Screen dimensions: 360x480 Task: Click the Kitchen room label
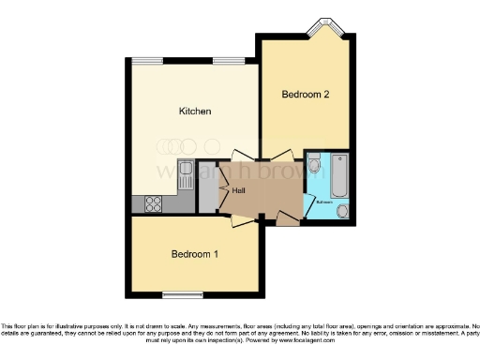tap(195, 112)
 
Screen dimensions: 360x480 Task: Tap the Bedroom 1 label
tap(195, 255)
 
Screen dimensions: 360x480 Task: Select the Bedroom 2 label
tap(305, 95)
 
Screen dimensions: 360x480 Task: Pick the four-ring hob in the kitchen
tap(152, 203)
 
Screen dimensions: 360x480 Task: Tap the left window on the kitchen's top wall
tap(146, 62)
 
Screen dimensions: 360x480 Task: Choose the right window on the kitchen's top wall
tap(226, 62)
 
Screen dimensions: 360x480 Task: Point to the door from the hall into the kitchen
tap(239, 157)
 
